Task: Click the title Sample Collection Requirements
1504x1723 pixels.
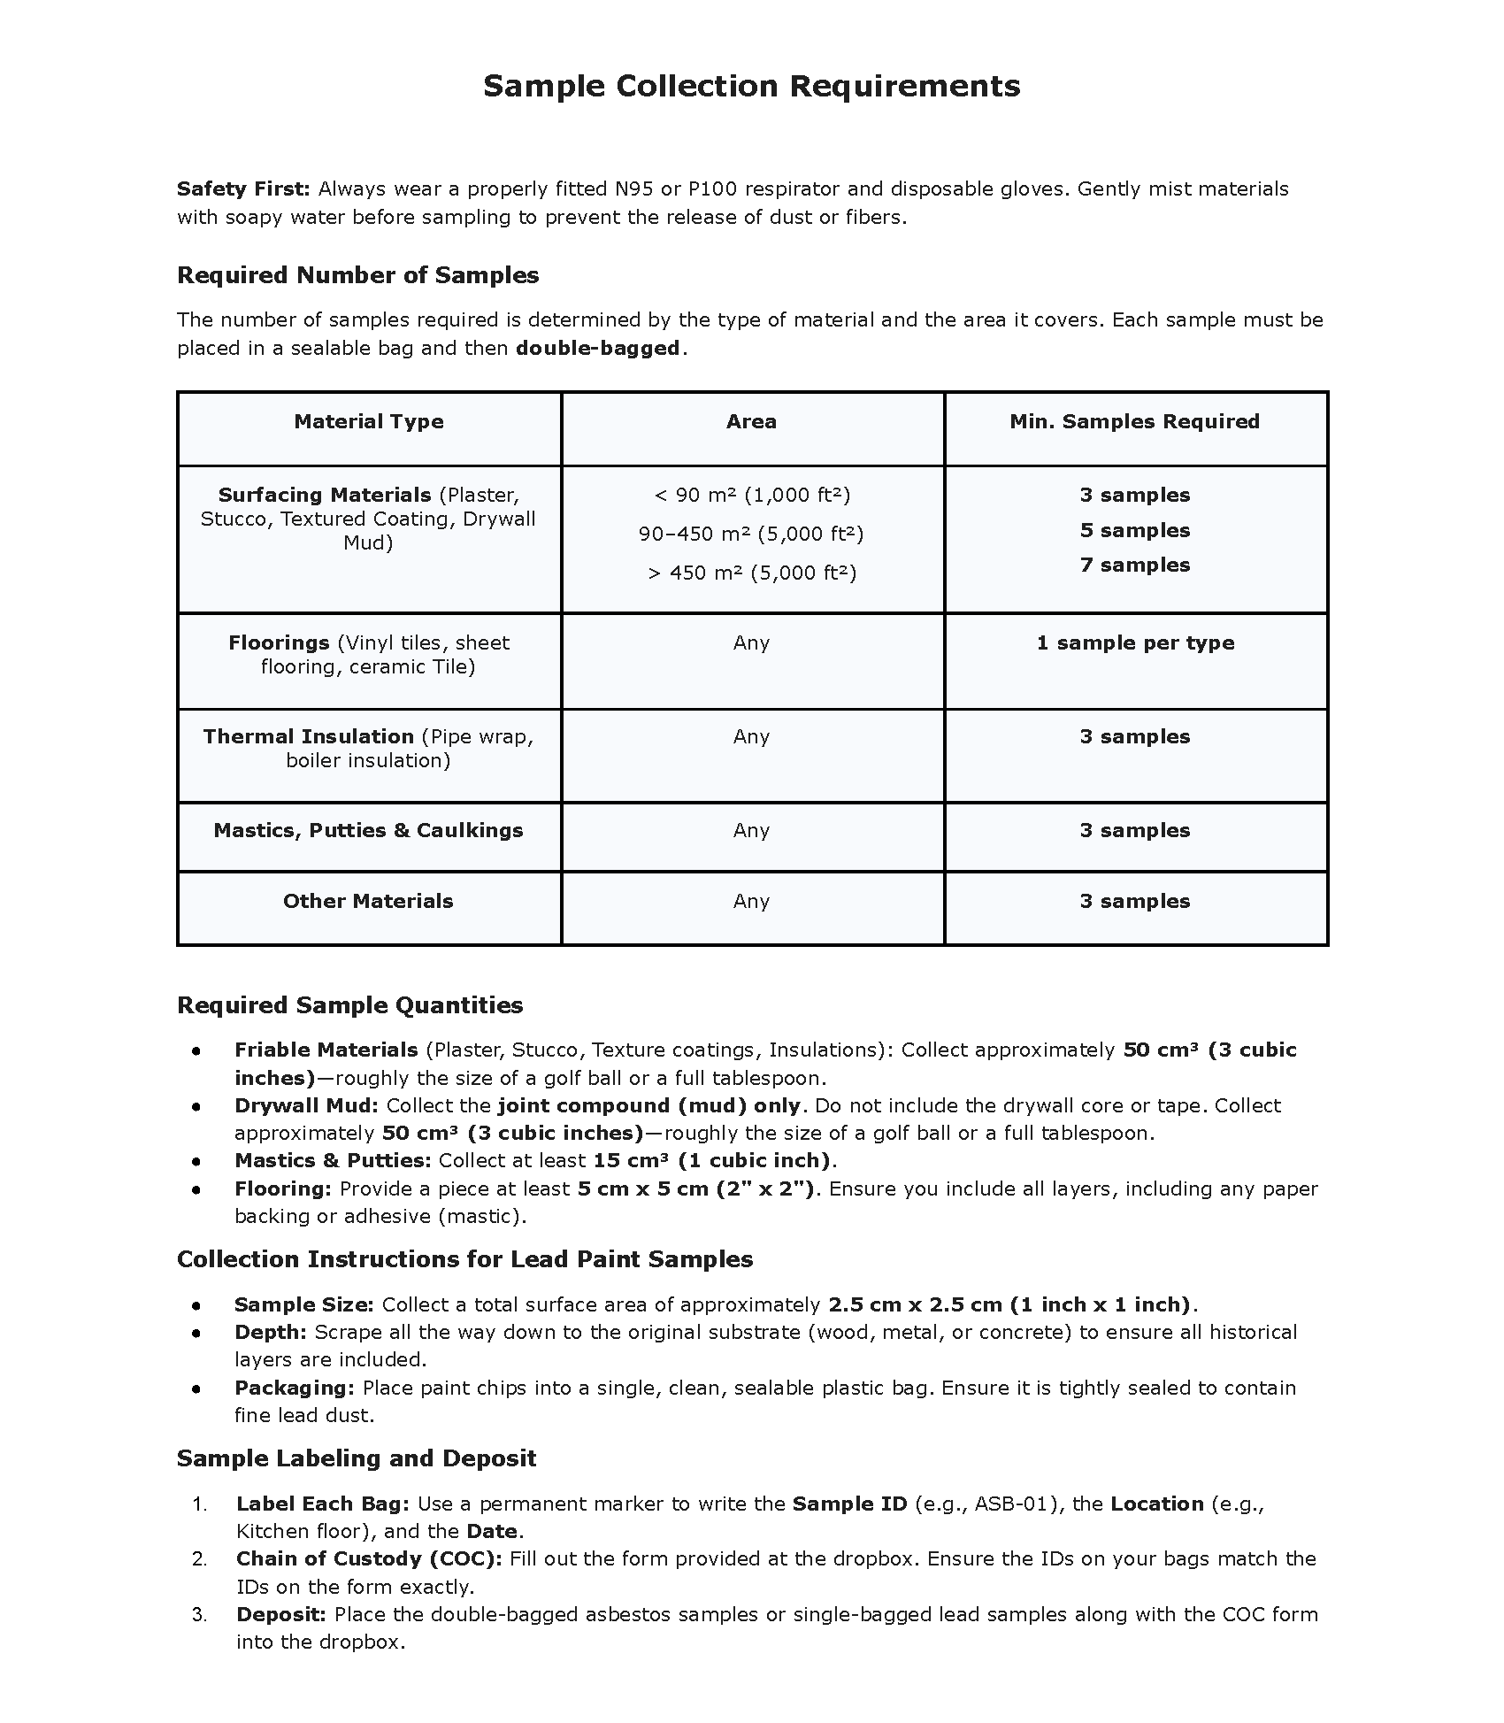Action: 751,86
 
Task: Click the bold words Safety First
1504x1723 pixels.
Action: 242,188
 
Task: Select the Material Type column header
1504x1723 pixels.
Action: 369,421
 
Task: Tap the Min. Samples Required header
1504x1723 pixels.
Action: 1134,421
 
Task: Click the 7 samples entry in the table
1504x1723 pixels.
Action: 1134,565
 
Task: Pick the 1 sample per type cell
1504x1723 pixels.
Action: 1134,642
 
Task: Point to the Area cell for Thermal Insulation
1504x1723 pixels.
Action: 751,736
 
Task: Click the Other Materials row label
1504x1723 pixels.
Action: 368,901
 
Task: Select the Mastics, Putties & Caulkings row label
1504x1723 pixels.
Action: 368,830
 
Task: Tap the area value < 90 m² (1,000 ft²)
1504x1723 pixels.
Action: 751,495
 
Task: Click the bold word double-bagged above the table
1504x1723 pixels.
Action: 597,348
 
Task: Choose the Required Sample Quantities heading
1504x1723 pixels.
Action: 349,1005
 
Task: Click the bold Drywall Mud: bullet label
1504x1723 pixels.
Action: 306,1105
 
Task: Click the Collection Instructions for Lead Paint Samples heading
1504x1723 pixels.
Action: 464,1259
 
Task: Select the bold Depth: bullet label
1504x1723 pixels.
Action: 270,1332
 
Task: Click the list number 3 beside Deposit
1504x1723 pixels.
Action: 199,1614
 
